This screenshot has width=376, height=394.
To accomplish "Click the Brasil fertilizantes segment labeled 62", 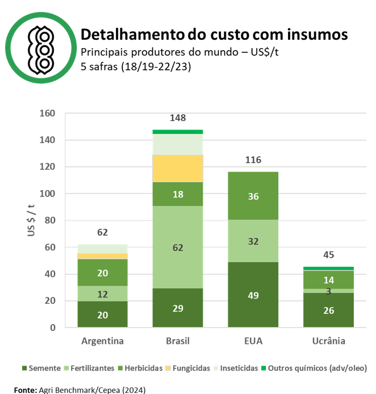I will pyautogui.click(x=178, y=247).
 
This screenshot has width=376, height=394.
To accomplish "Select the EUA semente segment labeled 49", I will pyautogui.click(x=253, y=295).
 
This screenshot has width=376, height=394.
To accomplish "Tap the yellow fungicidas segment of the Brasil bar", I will pyautogui.click(x=178, y=168).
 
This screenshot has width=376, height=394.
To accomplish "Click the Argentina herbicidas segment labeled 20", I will pyautogui.click(x=103, y=273).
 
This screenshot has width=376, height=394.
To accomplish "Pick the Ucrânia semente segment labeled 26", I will pyautogui.click(x=328, y=310).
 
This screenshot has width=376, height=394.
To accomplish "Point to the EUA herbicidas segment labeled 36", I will pyautogui.click(x=253, y=196).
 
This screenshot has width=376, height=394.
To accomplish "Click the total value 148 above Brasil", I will pyautogui.click(x=178, y=118).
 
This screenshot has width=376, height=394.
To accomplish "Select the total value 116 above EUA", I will pyautogui.click(x=253, y=160).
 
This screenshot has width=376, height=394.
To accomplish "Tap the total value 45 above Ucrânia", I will pyautogui.click(x=328, y=255).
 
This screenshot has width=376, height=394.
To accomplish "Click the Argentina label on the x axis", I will pyautogui.click(x=103, y=341).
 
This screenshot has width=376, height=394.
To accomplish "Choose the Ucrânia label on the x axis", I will pyautogui.click(x=328, y=341).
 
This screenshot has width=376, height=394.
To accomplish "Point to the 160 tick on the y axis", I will pyautogui.click(x=48, y=114).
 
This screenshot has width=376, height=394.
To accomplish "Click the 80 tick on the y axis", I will pyautogui.click(x=50, y=220).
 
